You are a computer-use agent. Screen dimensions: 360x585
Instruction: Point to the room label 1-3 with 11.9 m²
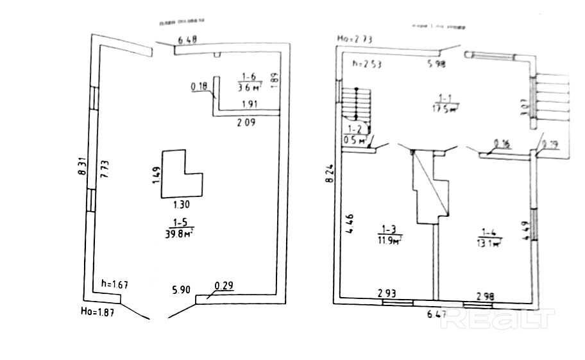pos(389,235)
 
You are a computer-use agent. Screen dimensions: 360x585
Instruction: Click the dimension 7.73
pos(103,173)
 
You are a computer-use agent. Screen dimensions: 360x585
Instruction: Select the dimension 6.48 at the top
pos(187,40)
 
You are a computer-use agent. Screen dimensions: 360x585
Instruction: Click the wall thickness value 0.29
pos(223,287)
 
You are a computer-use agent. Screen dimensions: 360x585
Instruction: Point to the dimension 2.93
pos(386,294)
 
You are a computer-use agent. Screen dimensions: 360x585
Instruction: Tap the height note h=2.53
pos(366,64)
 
